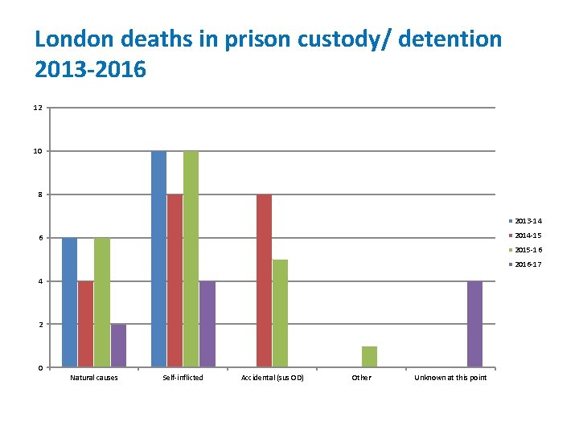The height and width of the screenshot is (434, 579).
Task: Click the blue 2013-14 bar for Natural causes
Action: pyautogui.click(x=69, y=302)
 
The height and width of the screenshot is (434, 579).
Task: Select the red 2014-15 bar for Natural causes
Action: pyautogui.click(x=85, y=324)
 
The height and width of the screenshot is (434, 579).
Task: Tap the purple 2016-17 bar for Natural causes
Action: pyautogui.click(x=118, y=346)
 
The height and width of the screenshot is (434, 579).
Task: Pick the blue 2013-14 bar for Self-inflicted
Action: pyautogui.click(x=158, y=259)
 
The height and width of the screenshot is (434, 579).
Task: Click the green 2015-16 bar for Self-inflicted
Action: pyautogui.click(x=191, y=259)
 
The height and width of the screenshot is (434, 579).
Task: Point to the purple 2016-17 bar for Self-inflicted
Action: pyautogui.click(x=207, y=324)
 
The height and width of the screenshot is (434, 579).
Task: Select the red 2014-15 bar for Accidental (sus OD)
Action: pyautogui.click(x=264, y=280)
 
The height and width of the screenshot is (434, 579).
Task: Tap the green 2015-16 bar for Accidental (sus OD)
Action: pyautogui.click(x=280, y=313)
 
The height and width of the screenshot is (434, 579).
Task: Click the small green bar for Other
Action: pyautogui.click(x=369, y=357)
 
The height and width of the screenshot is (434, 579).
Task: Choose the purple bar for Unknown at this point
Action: pyautogui.click(x=474, y=324)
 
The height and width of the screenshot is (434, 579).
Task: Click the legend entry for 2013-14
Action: pyautogui.click(x=526, y=220)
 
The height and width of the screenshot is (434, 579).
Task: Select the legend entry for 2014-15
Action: pyautogui.click(x=526, y=235)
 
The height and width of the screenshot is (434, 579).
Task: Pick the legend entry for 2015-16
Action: pyautogui.click(x=526, y=250)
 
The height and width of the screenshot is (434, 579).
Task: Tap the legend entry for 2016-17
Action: pyautogui.click(x=526, y=264)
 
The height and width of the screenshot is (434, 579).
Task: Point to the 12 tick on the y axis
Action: pyautogui.click(x=38, y=108)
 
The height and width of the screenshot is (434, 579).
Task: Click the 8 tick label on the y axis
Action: pyautogui.click(x=39, y=194)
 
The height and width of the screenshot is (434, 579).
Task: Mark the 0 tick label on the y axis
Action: pyautogui.click(x=39, y=368)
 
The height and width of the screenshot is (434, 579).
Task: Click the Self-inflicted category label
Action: pyautogui.click(x=183, y=378)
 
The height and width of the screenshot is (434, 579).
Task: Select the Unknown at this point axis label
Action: pyautogui.click(x=450, y=378)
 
